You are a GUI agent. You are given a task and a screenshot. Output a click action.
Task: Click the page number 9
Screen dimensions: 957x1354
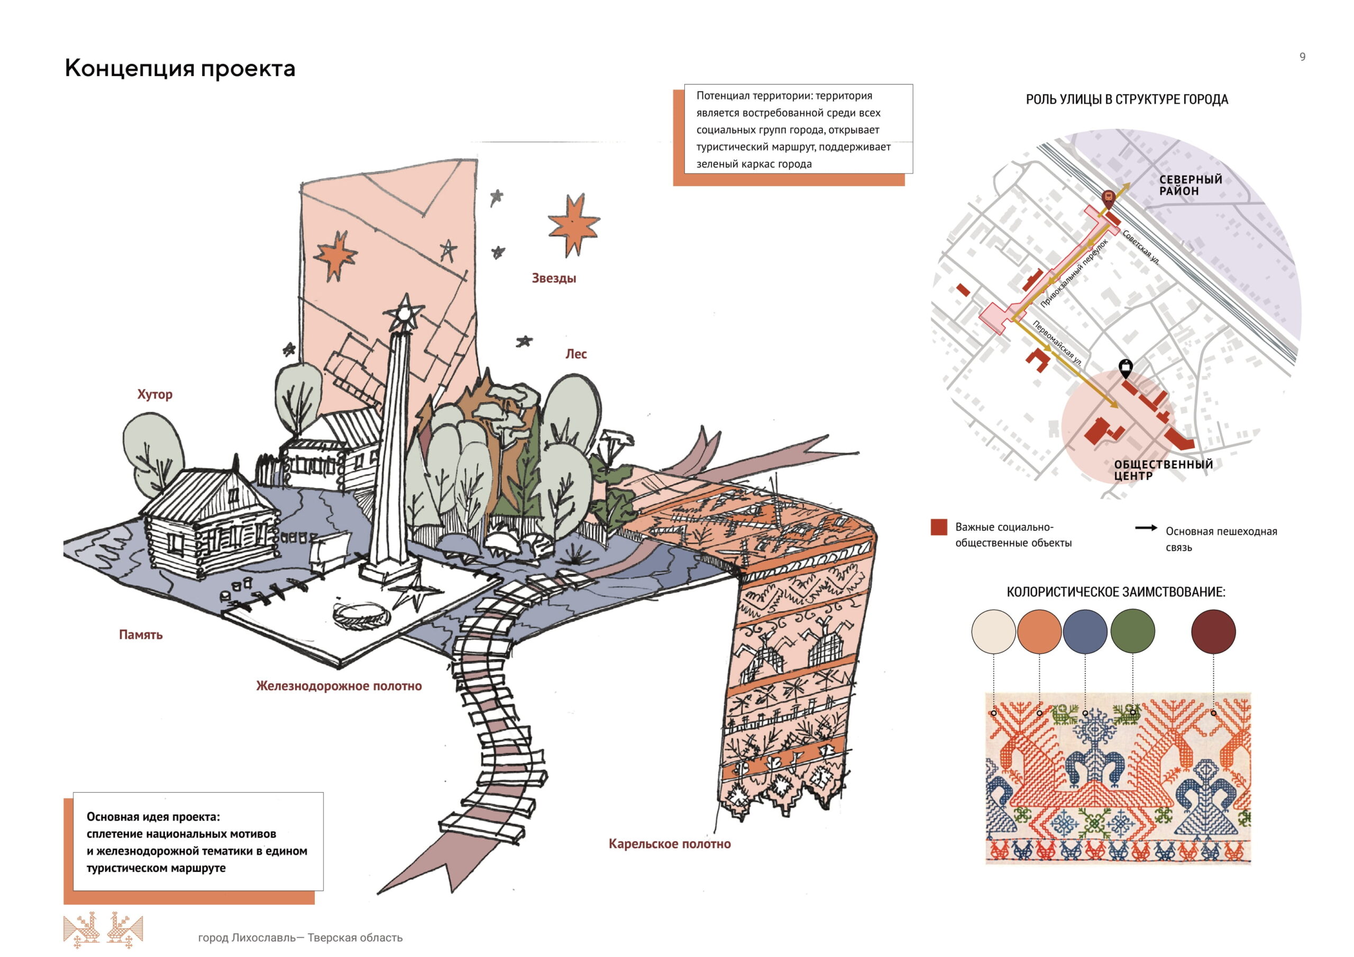[x=1302, y=57]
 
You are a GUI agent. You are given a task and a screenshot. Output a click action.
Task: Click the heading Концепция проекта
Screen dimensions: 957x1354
[x=180, y=68]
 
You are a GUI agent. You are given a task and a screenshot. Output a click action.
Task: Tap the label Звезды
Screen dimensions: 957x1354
[x=554, y=278]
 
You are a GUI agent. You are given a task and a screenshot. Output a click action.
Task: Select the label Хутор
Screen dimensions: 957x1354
[x=154, y=394]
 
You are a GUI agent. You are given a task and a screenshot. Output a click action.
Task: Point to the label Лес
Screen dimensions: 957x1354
[x=575, y=354]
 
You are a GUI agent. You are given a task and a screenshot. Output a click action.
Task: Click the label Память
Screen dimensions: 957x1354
[x=140, y=635]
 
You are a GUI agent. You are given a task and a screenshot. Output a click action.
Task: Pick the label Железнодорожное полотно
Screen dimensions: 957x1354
[x=338, y=686]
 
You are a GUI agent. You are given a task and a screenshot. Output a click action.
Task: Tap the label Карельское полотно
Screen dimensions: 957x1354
[x=670, y=844]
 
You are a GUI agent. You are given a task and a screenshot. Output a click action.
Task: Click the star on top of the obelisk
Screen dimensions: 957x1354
[x=405, y=312]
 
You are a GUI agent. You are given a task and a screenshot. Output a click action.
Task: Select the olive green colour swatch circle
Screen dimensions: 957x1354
[x=1132, y=631]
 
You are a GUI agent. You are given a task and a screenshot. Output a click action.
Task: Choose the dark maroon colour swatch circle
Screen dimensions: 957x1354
[x=1213, y=631]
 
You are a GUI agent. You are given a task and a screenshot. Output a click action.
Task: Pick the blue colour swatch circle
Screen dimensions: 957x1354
[x=1085, y=631]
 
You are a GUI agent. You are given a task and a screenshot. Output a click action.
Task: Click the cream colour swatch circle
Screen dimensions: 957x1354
[x=994, y=631]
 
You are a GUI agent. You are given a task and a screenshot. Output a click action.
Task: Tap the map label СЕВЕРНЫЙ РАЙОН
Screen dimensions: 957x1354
[x=1190, y=185]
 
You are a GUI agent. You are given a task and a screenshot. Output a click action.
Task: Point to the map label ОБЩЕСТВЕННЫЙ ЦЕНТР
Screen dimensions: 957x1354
[x=1163, y=470]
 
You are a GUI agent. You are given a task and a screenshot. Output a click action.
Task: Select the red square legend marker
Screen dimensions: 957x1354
[x=938, y=527]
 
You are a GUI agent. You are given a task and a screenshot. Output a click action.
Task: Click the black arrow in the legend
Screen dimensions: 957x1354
[x=1146, y=528]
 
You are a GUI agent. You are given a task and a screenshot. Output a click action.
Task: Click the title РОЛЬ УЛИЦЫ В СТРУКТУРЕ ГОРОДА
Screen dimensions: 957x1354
[x=1127, y=99]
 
